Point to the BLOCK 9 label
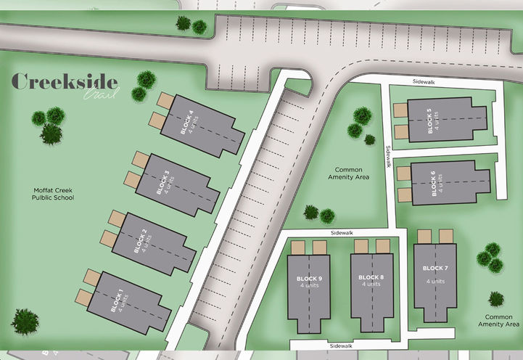click(x=309, y=278)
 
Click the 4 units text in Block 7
click(x=435, y=281)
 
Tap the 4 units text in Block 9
click(x=309, y=285)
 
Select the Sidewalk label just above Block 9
click(x=340, y=233)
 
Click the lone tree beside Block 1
click(x=25, y=322)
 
